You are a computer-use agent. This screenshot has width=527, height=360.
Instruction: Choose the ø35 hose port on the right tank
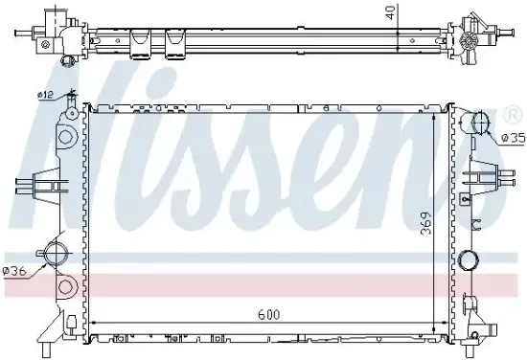click(x=478, y=124)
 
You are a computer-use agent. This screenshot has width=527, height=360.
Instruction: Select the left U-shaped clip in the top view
click(x=141, y=41)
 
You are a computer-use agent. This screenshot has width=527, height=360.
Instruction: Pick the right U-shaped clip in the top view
click(x=176, y=41)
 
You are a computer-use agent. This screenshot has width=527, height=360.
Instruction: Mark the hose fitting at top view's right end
click(x=475, y=34)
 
